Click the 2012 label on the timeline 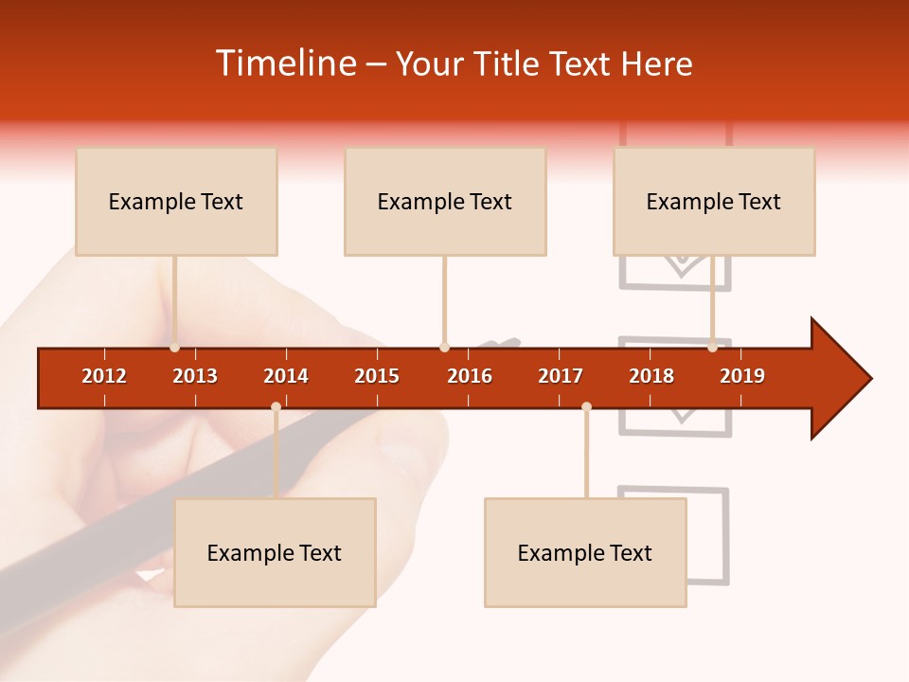point(104,376)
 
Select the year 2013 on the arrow point(195,376)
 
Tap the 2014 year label point(286,376)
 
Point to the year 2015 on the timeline point(377,376)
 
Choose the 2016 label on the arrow point(470,376)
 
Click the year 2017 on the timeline point(561,376)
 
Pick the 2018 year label point(651,376)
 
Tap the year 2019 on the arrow point(742,376)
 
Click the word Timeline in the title point(284,63)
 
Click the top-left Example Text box point(176,202)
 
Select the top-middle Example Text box point(445,202)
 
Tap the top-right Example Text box point(714,202)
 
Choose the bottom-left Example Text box point(275,553)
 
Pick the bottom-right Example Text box point(585,553)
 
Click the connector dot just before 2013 point(175,348)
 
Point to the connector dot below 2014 point(276,407)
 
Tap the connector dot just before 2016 point(445,348)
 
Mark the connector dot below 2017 point(586,407)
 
